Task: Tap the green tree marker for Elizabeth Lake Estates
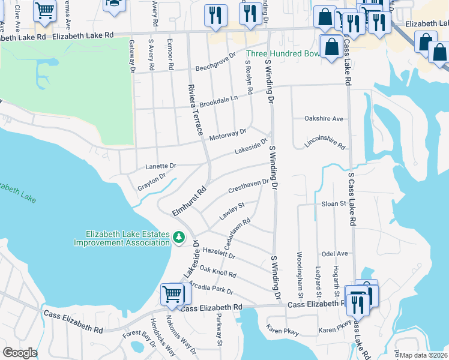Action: (178, 238)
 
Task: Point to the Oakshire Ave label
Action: (324, 119)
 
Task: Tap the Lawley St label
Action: (233, 211)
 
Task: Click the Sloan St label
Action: (334, 204)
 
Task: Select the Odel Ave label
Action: (335, 254)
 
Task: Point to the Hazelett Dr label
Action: (219, 254)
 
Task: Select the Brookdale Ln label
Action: (218, 100)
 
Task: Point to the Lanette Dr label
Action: (161, 166)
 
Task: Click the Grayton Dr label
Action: (151, 179)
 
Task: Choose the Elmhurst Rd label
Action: (189, 202)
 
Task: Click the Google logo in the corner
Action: (20, 353)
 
